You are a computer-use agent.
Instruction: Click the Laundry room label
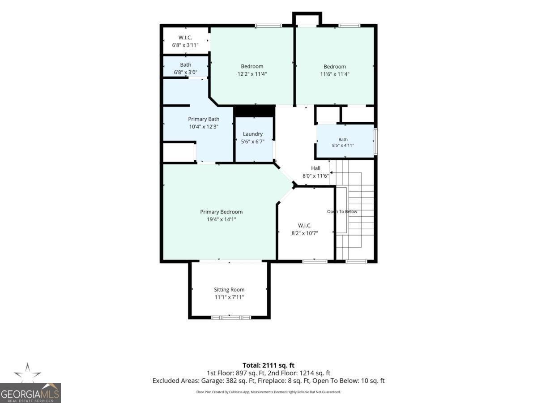(x=253, y=134)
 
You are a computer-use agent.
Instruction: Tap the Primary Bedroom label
(x=221, y=212)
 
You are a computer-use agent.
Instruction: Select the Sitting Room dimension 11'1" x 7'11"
(x=229, y=297)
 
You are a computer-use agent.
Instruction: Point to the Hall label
(x=315, y=168)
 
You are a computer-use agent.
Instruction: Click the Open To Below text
(x=342, y=211)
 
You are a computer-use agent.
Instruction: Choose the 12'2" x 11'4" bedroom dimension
(x=252, y=74)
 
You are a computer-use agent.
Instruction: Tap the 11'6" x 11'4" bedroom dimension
(x=335, y=74)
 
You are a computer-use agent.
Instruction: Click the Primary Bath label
(x=204, y=119)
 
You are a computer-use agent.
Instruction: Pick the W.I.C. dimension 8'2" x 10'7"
(x=305, y=233)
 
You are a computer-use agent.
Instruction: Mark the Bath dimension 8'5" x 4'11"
(x=343, y=146)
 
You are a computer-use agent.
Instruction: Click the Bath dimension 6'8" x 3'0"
(x=185, y=73)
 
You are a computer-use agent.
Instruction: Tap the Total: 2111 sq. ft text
(x=268, y=365)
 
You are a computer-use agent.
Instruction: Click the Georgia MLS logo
(x=30, y=393)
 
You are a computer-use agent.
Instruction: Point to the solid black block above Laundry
(x=254, y=111)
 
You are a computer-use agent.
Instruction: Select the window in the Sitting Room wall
(x=231, y=317)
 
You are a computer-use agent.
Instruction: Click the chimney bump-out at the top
(x=307, y=18)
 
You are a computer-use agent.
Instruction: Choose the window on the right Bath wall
(x=375, y=141)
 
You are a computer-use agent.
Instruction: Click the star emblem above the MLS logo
(x=27, y=373)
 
